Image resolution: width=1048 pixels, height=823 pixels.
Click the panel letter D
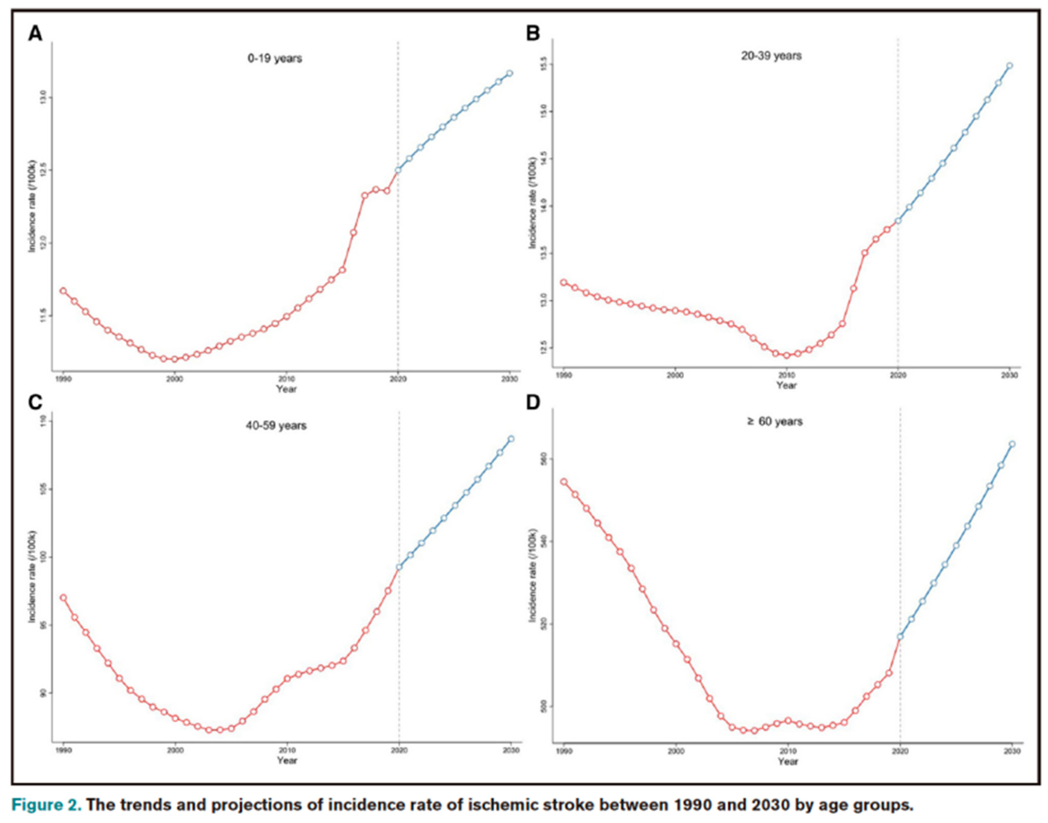(x=533, y=402)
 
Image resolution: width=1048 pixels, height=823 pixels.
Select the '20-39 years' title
(x=771, y=56)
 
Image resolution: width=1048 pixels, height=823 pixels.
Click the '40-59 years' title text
(x=276, y=425)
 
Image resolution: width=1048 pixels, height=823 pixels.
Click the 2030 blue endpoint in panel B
(x=1010, y=66)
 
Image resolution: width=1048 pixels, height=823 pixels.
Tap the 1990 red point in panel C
(x=63, y=597)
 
